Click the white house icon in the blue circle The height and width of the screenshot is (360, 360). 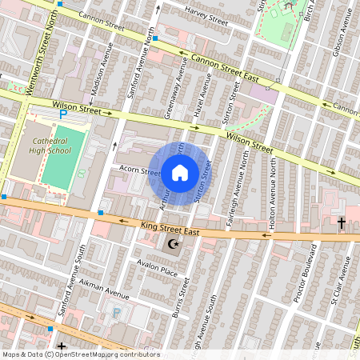click(180, 172)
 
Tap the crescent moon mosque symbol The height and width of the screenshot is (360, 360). click(172, 243)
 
